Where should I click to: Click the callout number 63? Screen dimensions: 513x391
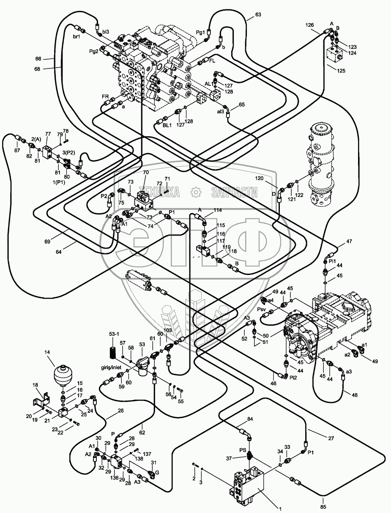tap(258, 14)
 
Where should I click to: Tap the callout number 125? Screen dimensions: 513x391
tap(341, 71)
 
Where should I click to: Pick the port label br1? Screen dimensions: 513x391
tap(77, 37)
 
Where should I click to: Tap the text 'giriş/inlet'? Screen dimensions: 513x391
tap(112, 368)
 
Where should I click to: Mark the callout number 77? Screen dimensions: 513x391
tap(48, 134)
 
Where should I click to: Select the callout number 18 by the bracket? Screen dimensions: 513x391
tap(35, 385)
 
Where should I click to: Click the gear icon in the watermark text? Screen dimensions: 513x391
tap(196, 192)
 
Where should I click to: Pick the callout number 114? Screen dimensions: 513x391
tap(217, 210)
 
